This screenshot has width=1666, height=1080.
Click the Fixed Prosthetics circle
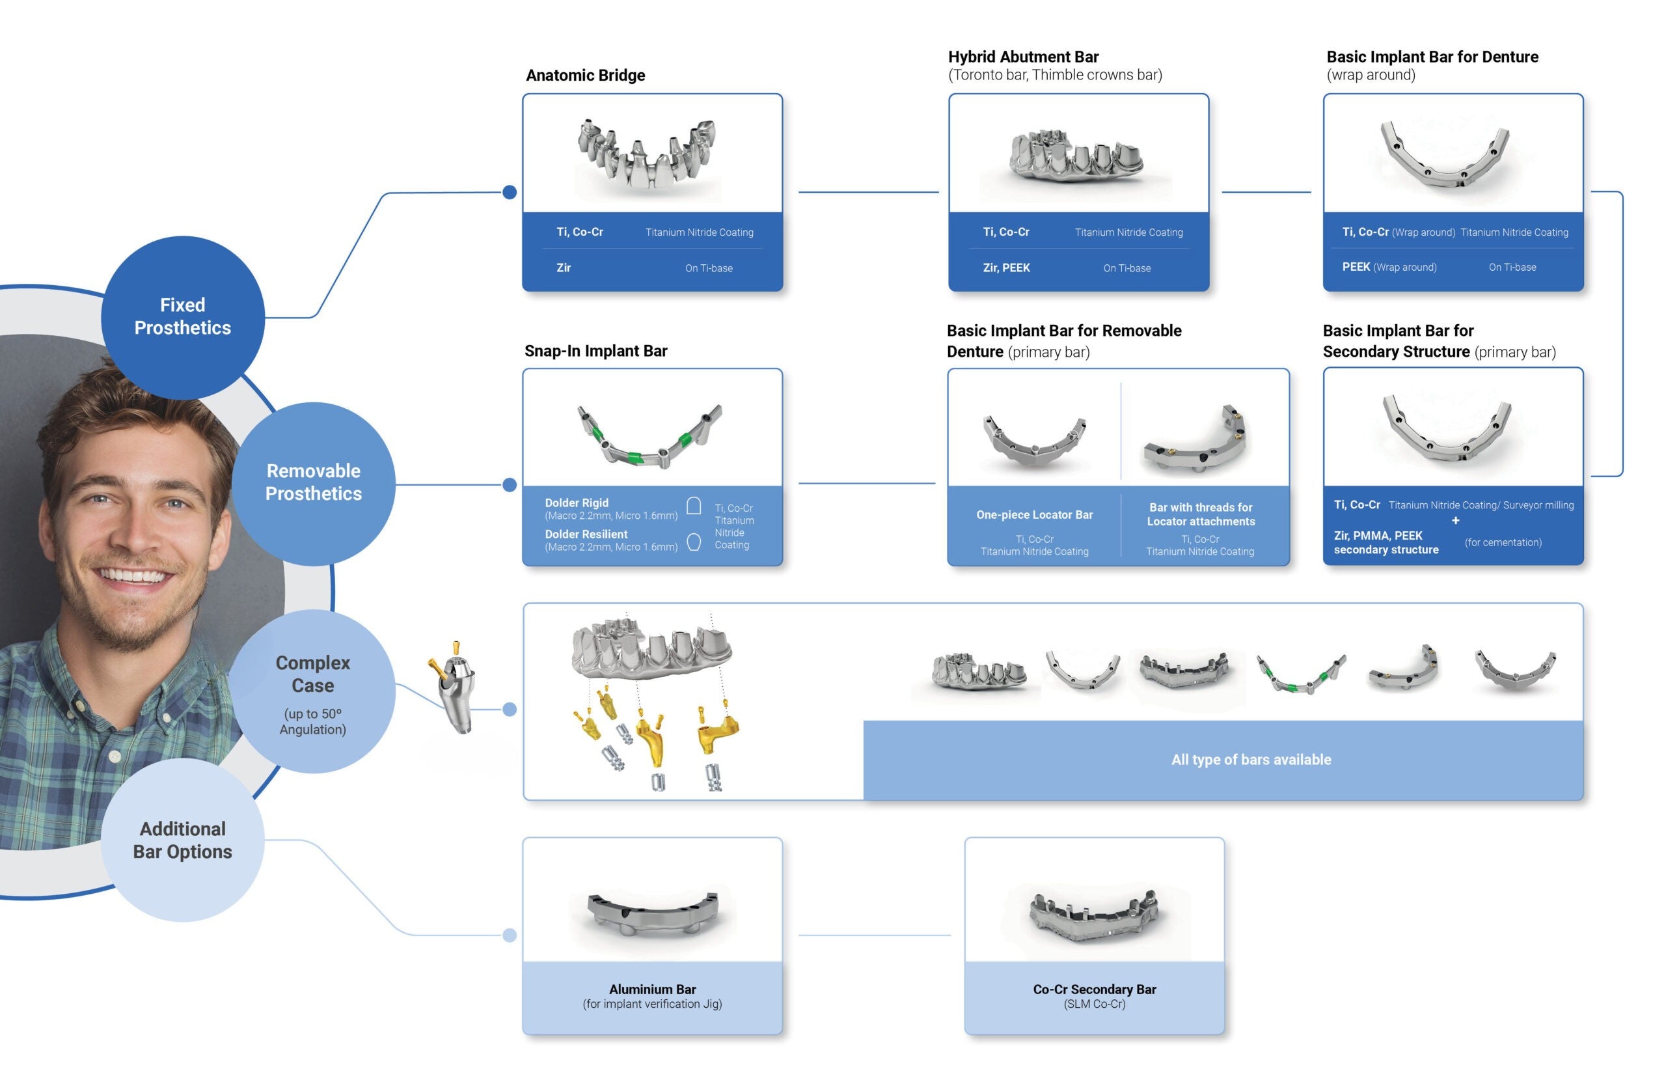(183, 317)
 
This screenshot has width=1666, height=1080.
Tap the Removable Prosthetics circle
(314, 483)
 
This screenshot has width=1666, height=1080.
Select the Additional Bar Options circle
(183, 839)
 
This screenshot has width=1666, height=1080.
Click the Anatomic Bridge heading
(585, 75)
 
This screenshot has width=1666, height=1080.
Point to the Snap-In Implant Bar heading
(595, 351)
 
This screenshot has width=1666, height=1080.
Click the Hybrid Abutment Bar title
(1024, 57)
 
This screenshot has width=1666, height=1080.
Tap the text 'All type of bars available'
(1251, 759)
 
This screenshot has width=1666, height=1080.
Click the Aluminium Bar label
(652, 989)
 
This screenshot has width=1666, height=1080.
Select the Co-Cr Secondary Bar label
(1095, 989)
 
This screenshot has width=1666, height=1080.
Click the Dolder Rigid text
(577, 503)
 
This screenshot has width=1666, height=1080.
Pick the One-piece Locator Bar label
(1035, 515)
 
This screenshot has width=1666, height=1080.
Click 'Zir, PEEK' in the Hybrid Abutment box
(1006, 268)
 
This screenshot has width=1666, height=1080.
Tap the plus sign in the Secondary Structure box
(1455, 520)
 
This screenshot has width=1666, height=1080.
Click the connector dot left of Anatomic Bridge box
(510, 192)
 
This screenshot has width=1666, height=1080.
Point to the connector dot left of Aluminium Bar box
(510, 935)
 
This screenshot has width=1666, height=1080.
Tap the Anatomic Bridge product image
(647, 154)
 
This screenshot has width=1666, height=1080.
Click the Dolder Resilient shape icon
(694, 542)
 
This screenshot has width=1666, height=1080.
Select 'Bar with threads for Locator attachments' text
(1201, 514)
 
